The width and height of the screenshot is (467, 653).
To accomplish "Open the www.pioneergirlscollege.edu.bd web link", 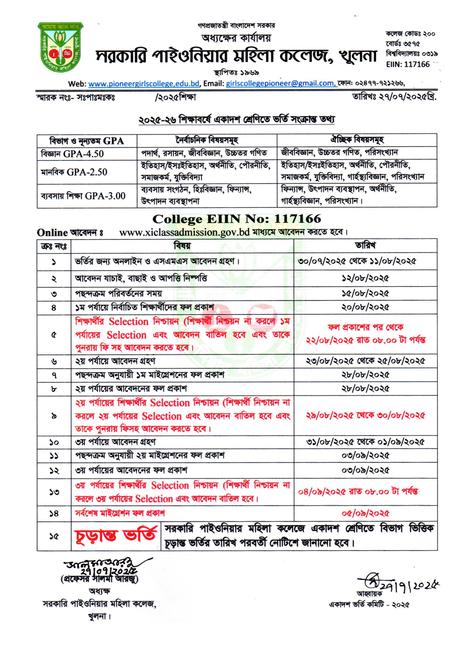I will [144, 84].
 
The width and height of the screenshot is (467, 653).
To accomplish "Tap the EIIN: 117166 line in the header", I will [408, 64].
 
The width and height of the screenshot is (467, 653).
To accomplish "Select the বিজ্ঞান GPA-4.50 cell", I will [72, 154].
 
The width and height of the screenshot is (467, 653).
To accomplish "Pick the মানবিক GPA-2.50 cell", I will [74, 172].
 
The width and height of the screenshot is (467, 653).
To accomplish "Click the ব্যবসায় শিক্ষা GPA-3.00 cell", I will [83, 196].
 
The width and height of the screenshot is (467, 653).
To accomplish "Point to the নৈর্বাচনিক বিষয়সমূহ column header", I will [207, 141].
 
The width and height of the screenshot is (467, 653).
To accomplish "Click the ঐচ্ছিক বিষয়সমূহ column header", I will [357, 140].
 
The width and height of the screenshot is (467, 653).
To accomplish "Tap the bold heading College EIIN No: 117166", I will [236, 219].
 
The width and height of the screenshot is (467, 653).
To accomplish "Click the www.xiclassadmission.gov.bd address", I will [184, 232].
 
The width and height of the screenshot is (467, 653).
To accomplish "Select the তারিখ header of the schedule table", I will [365, 246].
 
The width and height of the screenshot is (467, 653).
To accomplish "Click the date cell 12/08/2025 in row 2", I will [365, 278].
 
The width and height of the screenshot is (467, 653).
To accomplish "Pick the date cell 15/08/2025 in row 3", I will [365, 293].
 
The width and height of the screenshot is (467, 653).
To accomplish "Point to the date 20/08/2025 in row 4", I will [365, 307].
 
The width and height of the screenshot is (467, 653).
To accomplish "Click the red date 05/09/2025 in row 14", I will [365, 513].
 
